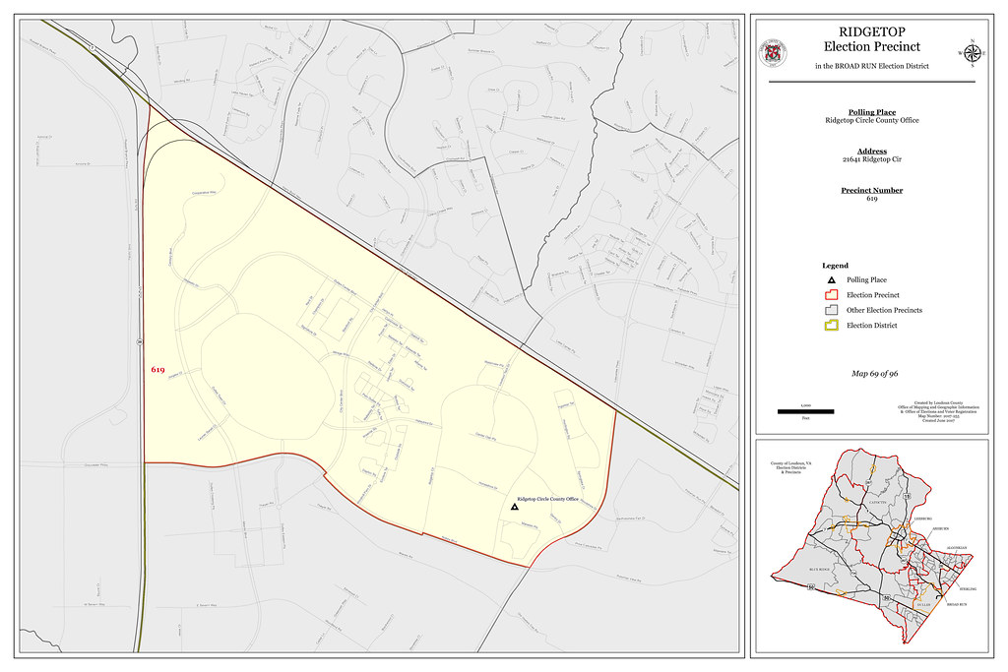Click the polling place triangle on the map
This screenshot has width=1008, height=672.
coord(514,507)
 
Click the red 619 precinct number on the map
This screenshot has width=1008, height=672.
coord(157,369)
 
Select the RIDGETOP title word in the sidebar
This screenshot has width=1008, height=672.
coord(863,32)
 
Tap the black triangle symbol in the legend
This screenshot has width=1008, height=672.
coord(832,280)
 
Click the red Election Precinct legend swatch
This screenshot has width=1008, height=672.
coord(832,295)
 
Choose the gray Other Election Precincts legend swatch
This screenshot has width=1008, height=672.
coord(832,310)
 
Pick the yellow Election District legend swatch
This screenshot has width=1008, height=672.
coord(832,325)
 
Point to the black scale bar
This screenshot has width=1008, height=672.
coord(805,410)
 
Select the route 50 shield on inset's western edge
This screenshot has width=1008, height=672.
coord(808,587)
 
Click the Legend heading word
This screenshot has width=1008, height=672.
coord(835,266)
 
